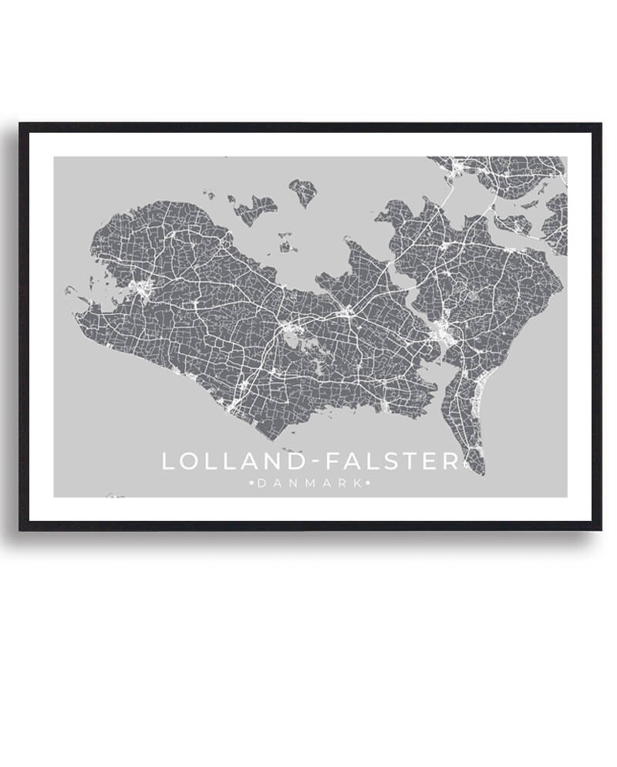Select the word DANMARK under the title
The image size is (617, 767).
[309, 484]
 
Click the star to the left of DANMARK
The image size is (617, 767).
[251, 484]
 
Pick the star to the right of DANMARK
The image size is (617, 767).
[368, 484]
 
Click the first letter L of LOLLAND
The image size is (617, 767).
[168, 461]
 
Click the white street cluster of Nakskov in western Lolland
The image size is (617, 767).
[142, 289]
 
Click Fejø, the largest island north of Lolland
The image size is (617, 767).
[253, 207]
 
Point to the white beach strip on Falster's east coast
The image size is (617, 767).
[477, 397]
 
